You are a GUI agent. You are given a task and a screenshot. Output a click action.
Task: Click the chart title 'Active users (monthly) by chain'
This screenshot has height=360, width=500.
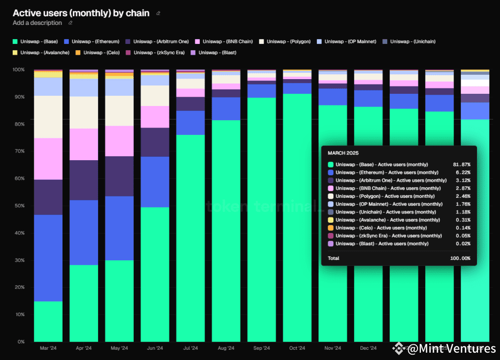pyautogui.click(x=81, y=13)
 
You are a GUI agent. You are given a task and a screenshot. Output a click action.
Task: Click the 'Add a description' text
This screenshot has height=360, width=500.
pyautogui.click(x=37, y=23)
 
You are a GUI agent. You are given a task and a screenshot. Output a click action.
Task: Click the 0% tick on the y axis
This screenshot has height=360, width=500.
pyautogui.click(x=20, y=341)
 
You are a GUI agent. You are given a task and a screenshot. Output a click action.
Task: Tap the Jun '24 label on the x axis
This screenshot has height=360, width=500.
pyautogui.click(x=155, y=348)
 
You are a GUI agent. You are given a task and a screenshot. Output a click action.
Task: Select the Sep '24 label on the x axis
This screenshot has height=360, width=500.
pyautogui.click(x=262, y=348)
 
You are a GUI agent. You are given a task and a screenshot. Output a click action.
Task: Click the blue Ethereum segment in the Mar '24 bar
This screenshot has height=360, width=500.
pyautogui.click(x=48, y=258)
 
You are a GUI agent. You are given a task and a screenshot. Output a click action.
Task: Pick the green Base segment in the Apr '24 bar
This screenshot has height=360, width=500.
pyautogui.click(x=84, y=303)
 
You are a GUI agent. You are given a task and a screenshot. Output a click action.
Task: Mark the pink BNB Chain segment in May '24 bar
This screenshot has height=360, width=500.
pyautogui.click(x=120, y=141)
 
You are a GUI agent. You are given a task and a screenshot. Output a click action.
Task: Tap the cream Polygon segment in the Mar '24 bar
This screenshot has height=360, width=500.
pyautogui.click(x=48, y=117)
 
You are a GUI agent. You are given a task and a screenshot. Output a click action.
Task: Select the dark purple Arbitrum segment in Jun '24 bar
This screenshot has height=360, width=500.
pyautogui.click(x=155, y=142)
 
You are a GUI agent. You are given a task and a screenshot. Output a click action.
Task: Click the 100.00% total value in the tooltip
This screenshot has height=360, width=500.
pyautogui.click(x=460, y=258)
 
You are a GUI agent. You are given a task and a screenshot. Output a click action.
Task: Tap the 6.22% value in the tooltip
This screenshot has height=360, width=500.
pyautogui.click(x=463, y=172)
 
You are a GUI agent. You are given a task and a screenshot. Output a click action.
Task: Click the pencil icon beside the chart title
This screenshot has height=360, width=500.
pyautogui.click(x=158, y=13)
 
